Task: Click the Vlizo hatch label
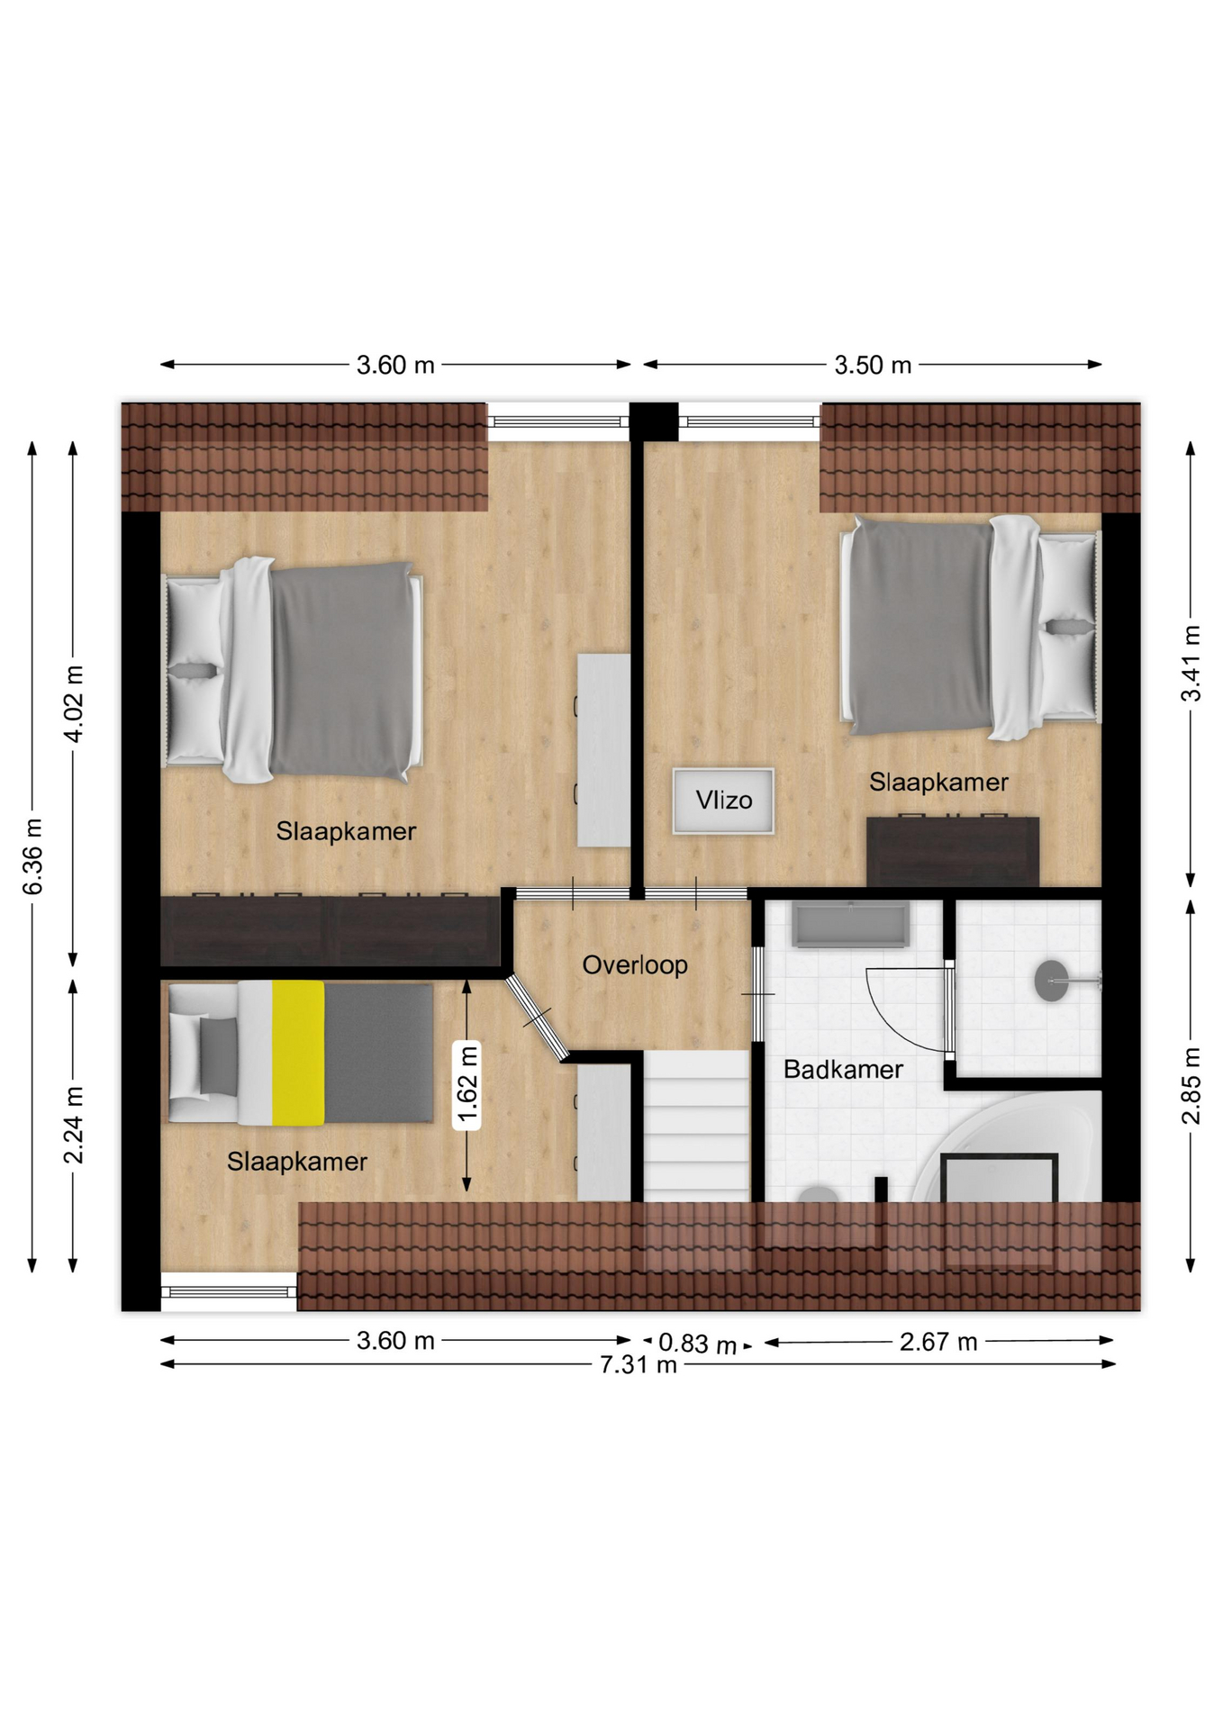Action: click(x=723, y=800)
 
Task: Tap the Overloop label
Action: click(x=635, y=965)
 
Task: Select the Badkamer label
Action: click(x=843, y=1070)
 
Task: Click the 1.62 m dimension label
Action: click(x=467, y=1084)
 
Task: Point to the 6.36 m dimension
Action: click(x=32, y=856)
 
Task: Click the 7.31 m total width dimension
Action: click(x=639, y=1364)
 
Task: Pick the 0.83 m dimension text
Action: click(x=697, y=1344)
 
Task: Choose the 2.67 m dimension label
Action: click(x=938, y=1342)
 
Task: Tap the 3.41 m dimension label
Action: click(x=1191, y=664)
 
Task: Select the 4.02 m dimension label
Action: click(x=74, y=704)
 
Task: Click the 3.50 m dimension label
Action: click(x=873, y=365)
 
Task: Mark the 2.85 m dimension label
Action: click(x=1191, y=1086)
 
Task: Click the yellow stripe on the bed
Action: click(x=298, y=1053)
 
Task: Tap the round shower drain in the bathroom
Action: click(x=1051, y=981)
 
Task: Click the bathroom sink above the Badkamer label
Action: click(x=849, y=925)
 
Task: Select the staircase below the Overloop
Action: click(x=696, y=1126)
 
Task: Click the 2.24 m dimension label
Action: click(x=74, y=1125)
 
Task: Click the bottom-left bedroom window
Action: click(x=229, y=1291)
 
